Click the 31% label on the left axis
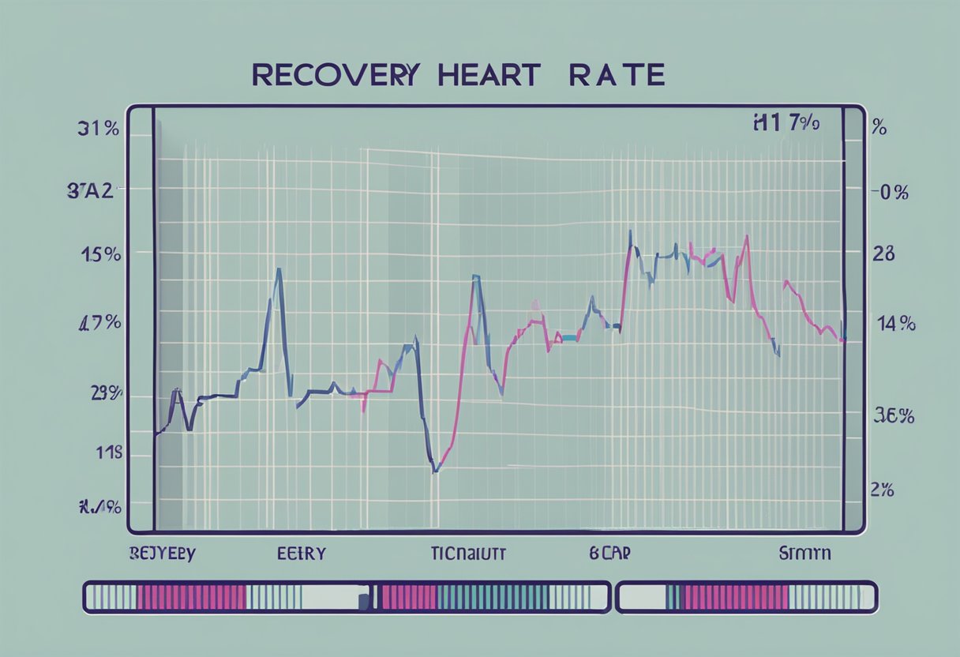tap(99, 130)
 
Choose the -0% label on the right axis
tap(890, 192)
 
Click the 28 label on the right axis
tap(883, 254)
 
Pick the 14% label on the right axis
tap(895, 323)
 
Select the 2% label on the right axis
tap(882, 490)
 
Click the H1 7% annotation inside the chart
tap(786, 123)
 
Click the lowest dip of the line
tap(435, 471)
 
